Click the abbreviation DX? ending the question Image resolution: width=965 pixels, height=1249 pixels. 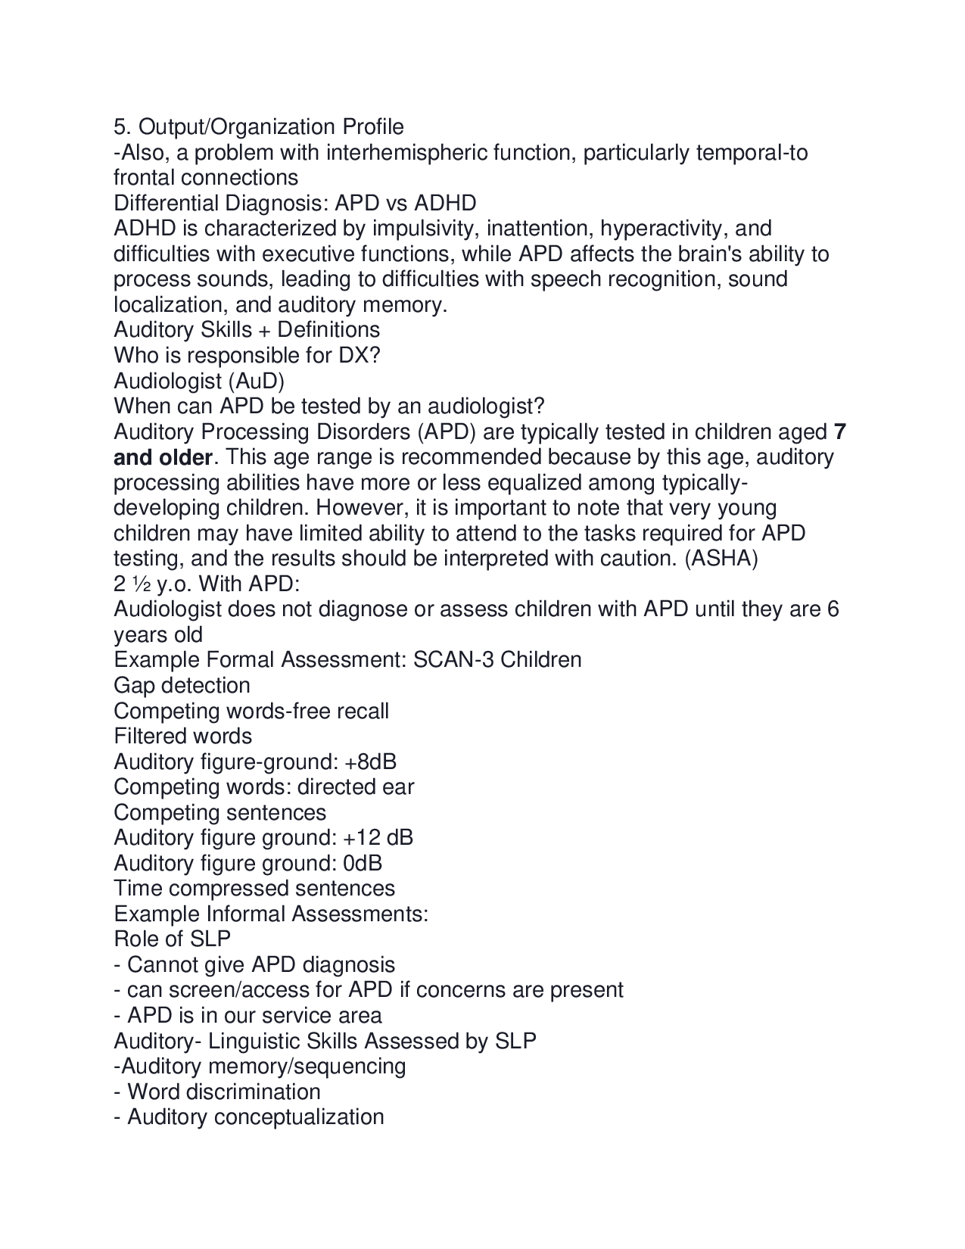tap(359, 356)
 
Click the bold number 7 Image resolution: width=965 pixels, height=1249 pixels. tap(839, 432)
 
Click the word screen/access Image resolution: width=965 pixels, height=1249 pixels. tap(256, 990)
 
